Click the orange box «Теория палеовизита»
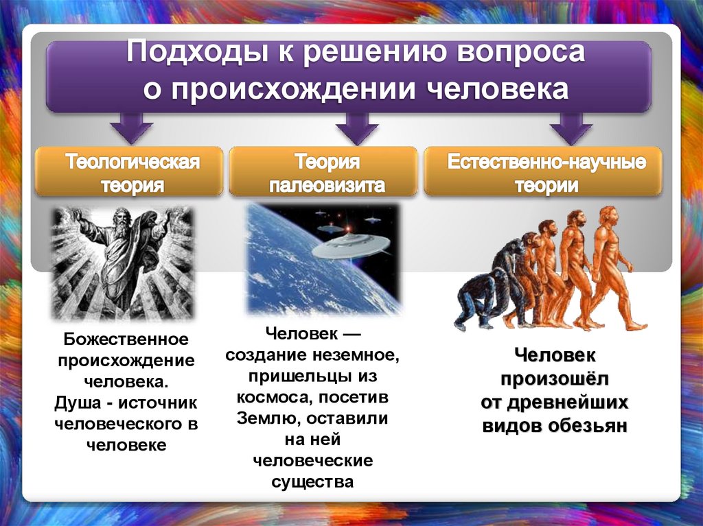[323, 173]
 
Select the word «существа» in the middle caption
[312, 481]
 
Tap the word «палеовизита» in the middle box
[327, 186]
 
